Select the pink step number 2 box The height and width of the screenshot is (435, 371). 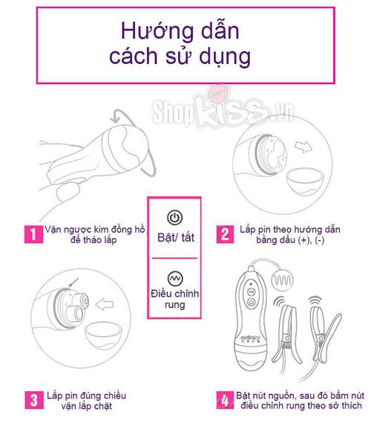coord(223,236)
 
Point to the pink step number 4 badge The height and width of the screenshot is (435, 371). coord(223,400)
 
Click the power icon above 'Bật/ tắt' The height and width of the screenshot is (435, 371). coord(174,218)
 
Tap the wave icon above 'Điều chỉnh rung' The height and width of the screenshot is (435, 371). coord(174,275)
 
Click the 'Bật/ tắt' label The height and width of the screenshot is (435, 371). coord(174,236)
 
